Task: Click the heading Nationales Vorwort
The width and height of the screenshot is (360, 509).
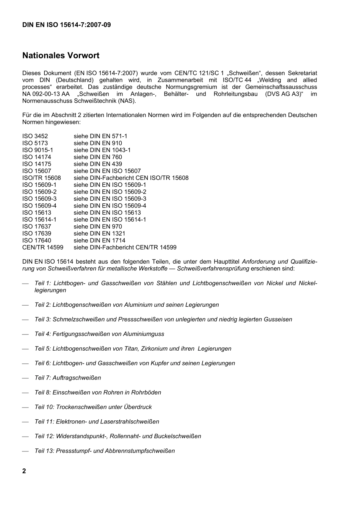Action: click(61, 56)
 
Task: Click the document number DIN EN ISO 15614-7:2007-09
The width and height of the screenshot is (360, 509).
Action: click(66, 25)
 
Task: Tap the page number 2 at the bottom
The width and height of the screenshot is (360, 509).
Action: click(24, 471)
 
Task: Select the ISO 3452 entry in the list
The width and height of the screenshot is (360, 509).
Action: click(35, 136)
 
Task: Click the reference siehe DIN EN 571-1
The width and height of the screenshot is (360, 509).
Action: click(100, 136)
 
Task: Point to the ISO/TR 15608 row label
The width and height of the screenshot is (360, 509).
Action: click(41, 178)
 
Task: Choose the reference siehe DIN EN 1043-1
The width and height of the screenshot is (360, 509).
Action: click(102, 150)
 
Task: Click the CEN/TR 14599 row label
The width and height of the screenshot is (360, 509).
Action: click(42, 247)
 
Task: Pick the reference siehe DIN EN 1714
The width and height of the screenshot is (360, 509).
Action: click(99, 240)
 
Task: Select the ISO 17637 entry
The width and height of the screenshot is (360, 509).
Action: click(36, 226)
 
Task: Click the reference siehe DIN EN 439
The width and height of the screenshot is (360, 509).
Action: click(98, 164)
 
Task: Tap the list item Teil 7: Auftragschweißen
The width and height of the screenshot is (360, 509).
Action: click(67, 378)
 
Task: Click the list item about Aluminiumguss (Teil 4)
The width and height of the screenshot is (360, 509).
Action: click(99, 334)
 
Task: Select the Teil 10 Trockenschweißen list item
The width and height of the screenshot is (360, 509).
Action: click(93, 407)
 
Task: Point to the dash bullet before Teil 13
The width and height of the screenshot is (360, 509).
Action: click(25, 451)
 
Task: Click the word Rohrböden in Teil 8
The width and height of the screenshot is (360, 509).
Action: click(147, 392)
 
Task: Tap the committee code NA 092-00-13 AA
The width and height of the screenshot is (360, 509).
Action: click(45, 94)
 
